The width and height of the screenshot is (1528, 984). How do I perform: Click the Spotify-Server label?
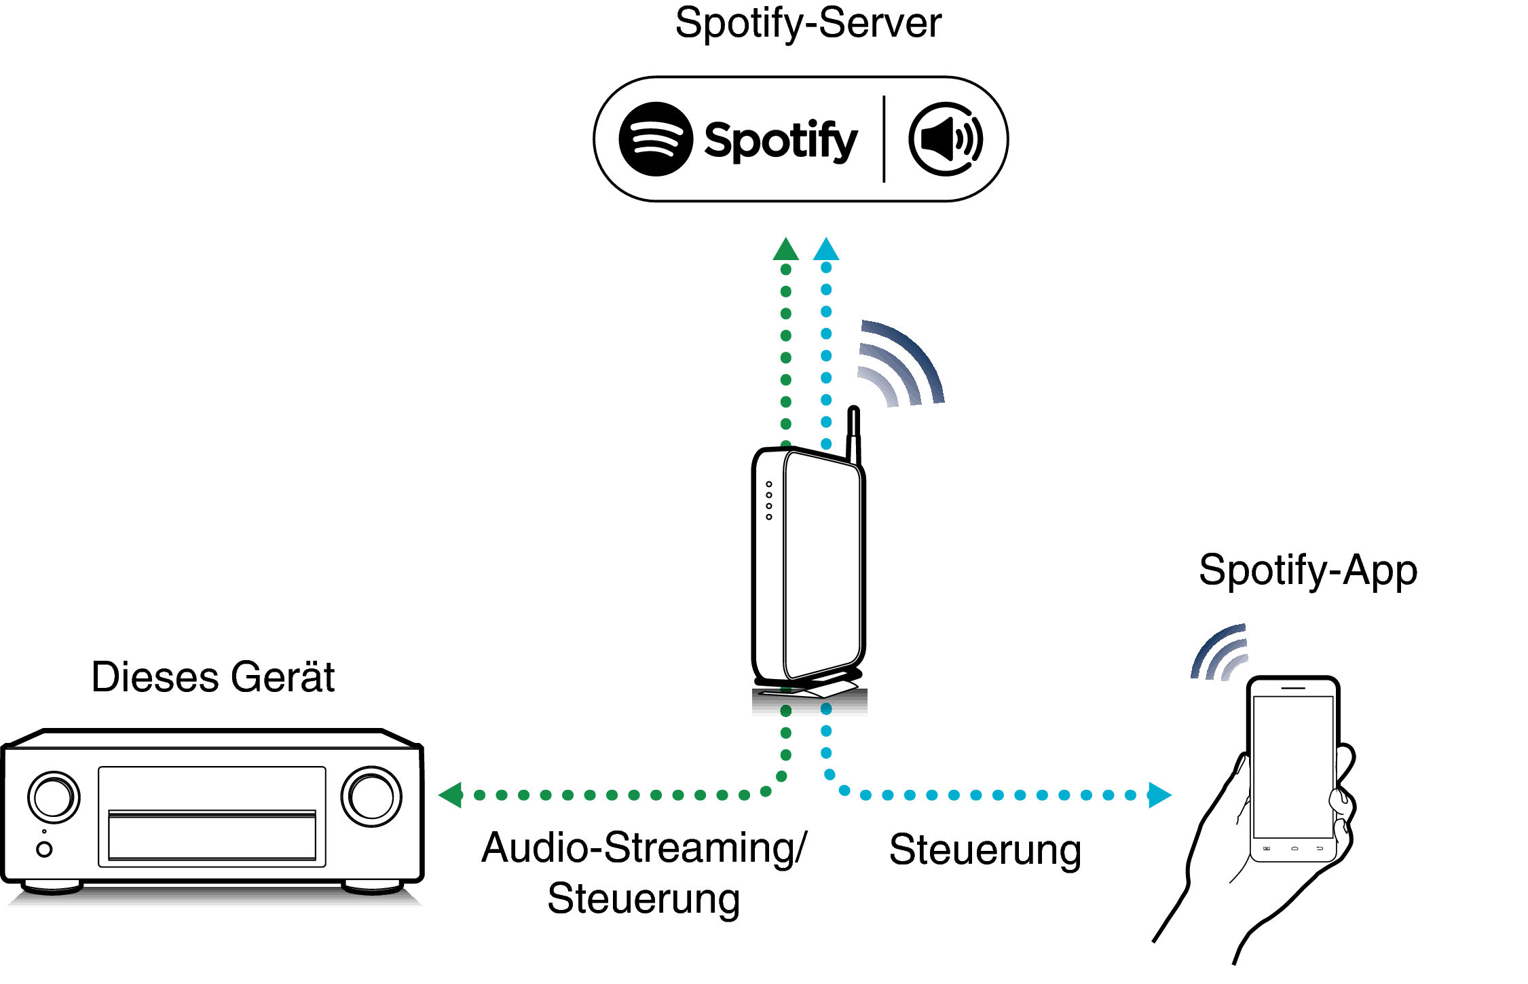click(x=808, y=23)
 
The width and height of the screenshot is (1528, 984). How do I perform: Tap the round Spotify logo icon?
click(x=656, y=139)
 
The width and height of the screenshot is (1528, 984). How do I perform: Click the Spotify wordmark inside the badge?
click(x=781, y=141)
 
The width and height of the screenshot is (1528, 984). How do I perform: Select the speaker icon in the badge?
click(x=946, y=140)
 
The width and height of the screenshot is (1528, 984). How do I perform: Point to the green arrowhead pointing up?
click(x=785, y=250)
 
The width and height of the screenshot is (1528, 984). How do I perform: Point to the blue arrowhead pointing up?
click(x=826, y=249)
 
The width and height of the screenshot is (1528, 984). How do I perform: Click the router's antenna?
click(x=854, y=435)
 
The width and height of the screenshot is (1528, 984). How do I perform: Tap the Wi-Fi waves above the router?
click(x=899, y=363)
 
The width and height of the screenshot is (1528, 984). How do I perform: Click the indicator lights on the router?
click(x=769, y=500)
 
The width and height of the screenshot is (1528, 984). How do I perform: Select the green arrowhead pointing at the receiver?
click(x=451, y=795)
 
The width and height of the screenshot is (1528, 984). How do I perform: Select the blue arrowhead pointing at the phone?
click(x=1159, y=795)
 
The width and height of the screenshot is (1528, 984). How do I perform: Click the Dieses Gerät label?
click(x=213, y=677)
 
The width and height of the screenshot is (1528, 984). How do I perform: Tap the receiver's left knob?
click(x=54, y=797)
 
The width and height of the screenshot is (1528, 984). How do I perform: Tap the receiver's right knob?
click(x=371, y=796)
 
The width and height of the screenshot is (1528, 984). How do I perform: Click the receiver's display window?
click(x=212, y=817)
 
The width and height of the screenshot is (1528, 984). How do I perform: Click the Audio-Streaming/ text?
click(x=644, y=848)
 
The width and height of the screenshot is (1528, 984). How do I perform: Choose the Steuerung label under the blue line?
click(x=985, y=850)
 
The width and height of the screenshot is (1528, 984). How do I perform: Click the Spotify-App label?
click(x=1307, y=570)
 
